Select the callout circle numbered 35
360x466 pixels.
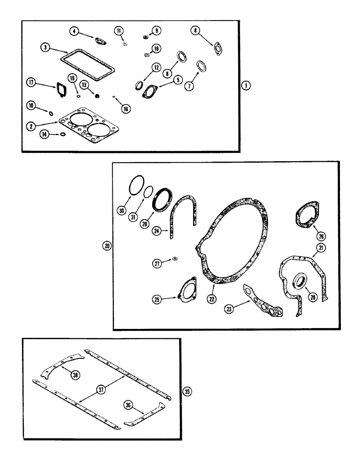coord(187,392)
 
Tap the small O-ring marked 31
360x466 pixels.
coord(148,192)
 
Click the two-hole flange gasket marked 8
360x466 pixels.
coord(217,49)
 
